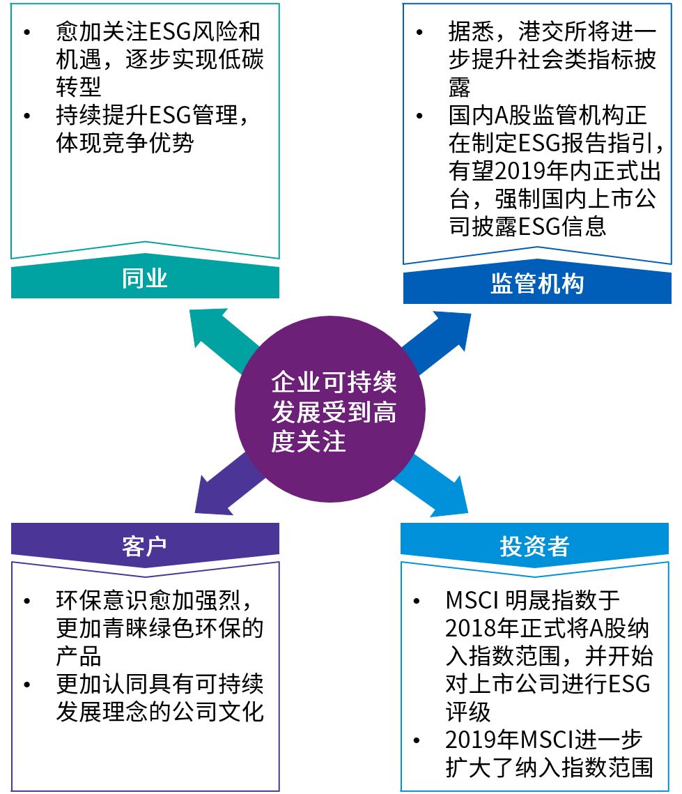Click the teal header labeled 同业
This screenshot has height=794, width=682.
click(145, 279)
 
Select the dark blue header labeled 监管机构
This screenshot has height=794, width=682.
click(537, 284)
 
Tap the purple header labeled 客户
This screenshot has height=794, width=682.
click(145, 545)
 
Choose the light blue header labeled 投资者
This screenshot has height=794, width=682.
click(534, 546)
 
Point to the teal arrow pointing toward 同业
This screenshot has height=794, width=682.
click(216, 335)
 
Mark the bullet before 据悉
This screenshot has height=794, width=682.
click(419, 33)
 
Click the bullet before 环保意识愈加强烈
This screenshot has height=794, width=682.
click(27, 601)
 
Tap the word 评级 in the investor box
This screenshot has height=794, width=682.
click(468, 711)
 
